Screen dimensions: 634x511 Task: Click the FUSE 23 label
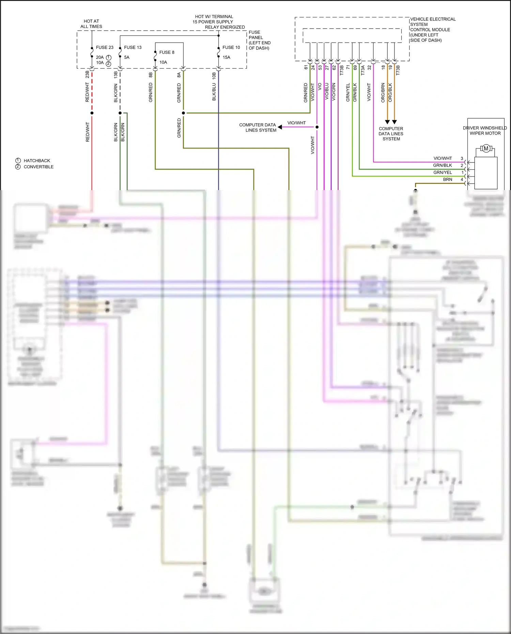[x=104, y=47]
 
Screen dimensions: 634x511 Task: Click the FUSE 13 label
[x=133, y=47]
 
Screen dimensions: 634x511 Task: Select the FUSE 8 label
[x=167, y=52]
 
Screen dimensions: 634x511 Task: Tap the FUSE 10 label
[x=231, y=47]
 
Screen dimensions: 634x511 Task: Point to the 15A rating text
[x=226, y=57]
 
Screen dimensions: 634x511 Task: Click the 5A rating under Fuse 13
[x=127, y=57]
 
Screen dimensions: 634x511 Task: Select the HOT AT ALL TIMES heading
[x=91, y=24]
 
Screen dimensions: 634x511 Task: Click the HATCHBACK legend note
[x=36, y=160]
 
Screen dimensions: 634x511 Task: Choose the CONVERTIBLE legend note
[x=38, y=167]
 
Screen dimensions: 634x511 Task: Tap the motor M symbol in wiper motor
[x=486, y=148]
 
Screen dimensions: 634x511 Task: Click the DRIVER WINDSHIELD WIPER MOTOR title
[x=485, y=130]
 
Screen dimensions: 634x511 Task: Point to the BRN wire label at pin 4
[x=447, y=180]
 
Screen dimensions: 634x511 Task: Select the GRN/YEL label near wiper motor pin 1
[x=443, y=172]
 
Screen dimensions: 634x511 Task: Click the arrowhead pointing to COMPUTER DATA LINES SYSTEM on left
[x=280, y=127]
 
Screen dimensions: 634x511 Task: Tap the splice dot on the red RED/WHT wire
[x=92, y=113]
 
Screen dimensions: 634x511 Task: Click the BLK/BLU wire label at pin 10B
[x=214, y=92]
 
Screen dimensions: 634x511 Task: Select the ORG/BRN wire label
[x=383, y=93]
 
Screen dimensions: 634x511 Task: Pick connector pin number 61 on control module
[x=306, y=67]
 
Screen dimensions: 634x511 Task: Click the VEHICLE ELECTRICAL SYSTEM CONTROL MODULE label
[x=432, y=30]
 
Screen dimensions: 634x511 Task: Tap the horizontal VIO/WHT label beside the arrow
[x=296, y=123]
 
